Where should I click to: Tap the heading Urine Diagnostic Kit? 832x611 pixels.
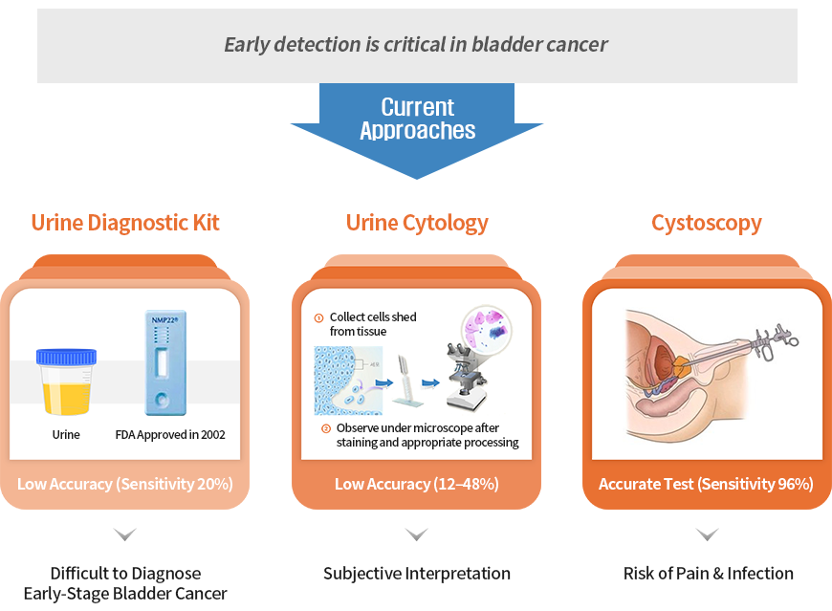coord(125,223)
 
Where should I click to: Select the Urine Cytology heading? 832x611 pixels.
coord(417,224)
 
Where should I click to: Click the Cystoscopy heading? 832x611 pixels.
coord(707,224)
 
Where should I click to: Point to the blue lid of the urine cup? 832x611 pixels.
coord(66,357)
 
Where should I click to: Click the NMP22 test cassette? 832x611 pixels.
coord(165,362)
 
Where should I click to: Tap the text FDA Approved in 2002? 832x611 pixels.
coord(170,435)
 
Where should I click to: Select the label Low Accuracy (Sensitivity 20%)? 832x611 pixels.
coord(125,484)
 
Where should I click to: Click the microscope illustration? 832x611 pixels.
coord(466,376)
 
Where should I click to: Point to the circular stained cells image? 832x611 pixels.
coord(486,329)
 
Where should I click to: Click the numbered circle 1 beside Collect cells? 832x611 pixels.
coord(318,318)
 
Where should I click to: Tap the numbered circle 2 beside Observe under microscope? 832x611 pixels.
coord(326,428)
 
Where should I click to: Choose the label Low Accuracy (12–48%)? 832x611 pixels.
coord(417,484)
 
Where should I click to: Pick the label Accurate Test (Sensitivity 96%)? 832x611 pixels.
coord(707,484)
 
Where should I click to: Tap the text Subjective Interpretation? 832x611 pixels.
coord(417,574)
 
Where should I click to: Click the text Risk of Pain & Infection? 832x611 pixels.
coord(709,574)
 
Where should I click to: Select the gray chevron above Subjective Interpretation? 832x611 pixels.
coord(417,534)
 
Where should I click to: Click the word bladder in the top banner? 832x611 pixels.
coord(506,45)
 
